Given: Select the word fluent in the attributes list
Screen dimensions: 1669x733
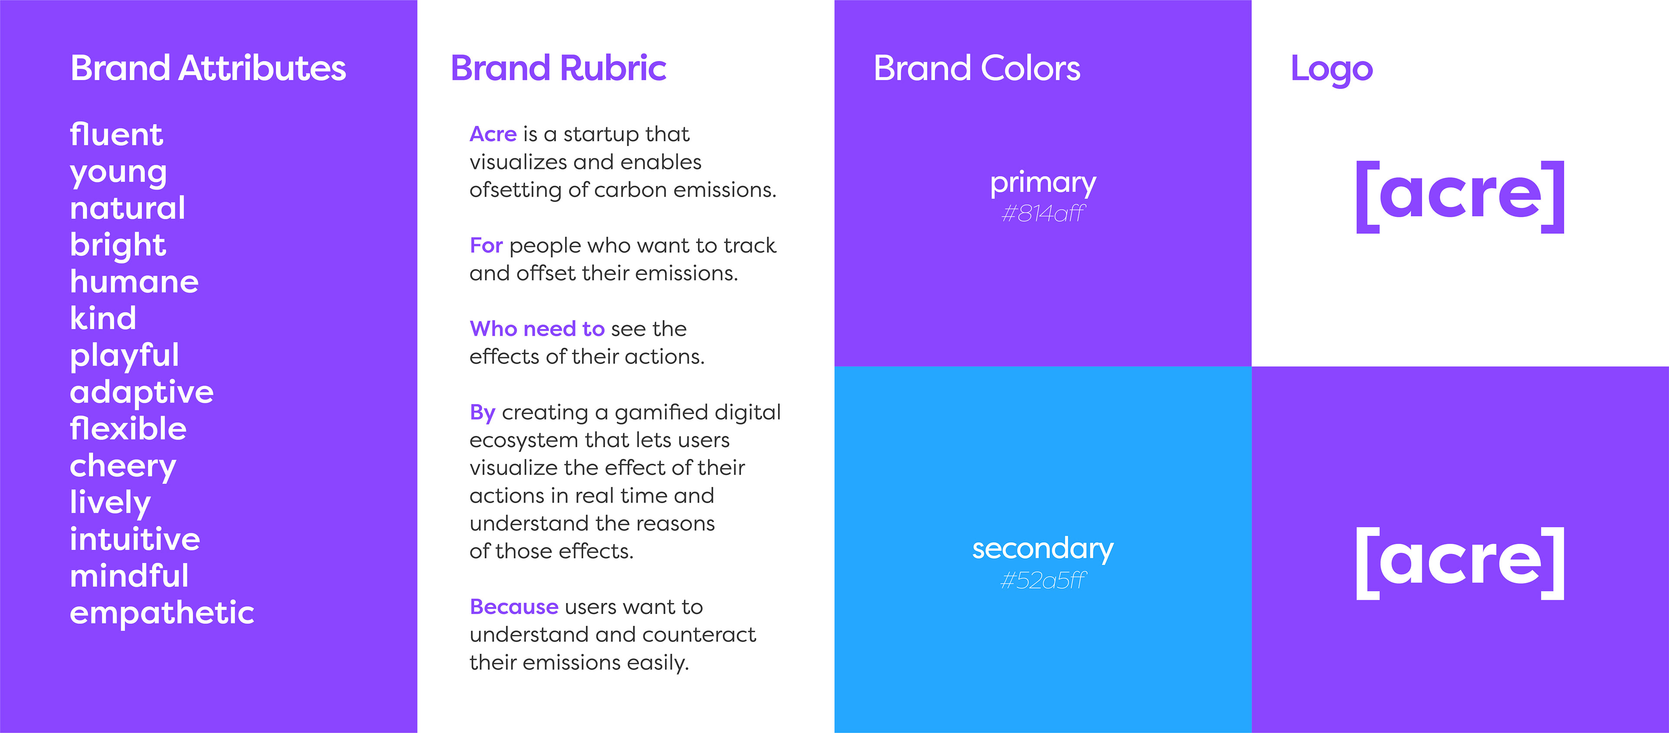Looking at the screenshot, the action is tap(116, 135).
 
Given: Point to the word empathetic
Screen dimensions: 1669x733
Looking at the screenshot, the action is tap(162, 613).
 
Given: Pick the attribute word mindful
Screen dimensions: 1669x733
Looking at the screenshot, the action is tap(130, 576).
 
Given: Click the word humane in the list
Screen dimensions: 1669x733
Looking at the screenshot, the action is tap(134, 282).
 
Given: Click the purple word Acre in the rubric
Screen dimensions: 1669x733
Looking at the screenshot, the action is tap(493, 134).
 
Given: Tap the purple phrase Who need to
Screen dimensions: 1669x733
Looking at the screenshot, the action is tap(537, 329).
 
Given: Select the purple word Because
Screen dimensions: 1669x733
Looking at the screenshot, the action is tap(514, 607).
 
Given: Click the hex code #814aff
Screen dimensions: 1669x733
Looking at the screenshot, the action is tap(1043, 213).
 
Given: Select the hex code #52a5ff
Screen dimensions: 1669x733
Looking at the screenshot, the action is tap(1043, 580).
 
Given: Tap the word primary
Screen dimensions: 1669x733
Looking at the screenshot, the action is tap(1043, 184).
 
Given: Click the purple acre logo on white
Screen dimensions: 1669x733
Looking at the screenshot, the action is tap(1460, 197).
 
